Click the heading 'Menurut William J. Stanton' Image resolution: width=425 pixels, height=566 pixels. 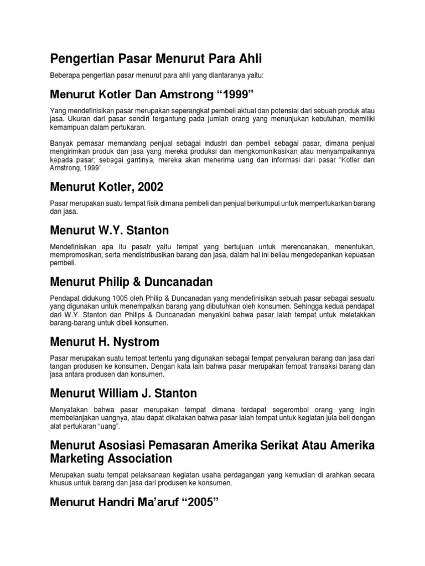123,393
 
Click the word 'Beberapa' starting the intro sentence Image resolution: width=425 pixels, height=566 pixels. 66,75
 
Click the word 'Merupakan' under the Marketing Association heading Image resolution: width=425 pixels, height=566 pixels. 69,475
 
